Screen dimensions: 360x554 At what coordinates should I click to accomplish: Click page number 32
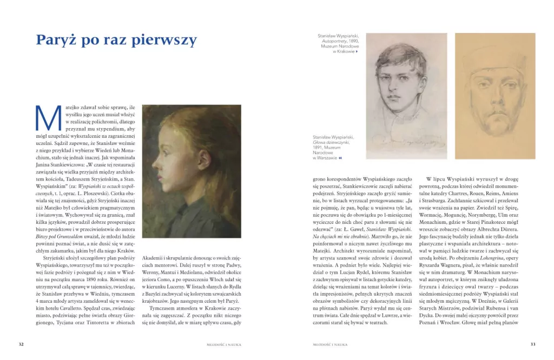click(21, 344)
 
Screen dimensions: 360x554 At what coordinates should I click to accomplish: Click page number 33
click(532, 344)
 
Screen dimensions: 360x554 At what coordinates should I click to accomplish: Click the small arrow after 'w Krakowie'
click(357, 51)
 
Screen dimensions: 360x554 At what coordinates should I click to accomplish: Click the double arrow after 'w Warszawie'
click(340, 158)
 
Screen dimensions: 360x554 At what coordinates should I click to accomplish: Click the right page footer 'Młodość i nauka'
click(330, 344)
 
